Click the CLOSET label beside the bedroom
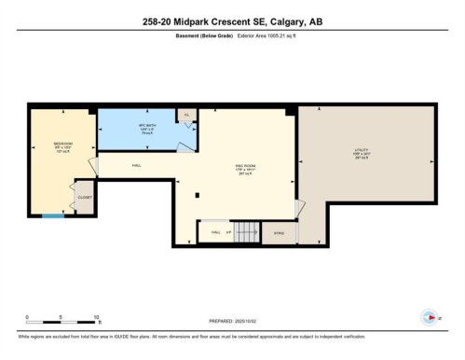83,197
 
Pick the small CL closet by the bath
186,115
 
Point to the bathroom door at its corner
190,145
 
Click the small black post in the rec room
198,195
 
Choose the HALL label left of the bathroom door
136,165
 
